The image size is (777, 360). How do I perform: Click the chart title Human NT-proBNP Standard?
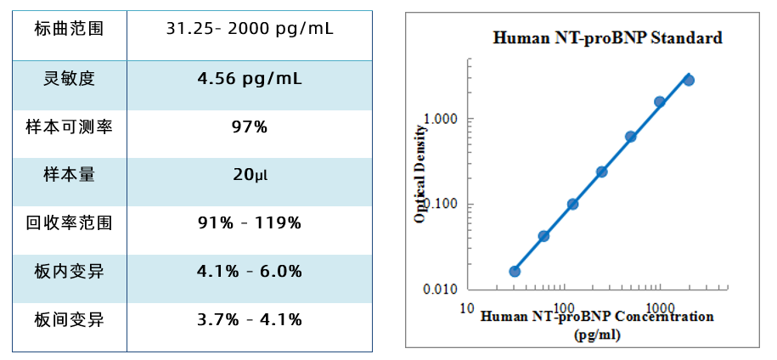(607, 38)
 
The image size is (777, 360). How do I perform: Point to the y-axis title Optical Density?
(419, 173)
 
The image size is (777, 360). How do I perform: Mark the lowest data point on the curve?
(515, 272)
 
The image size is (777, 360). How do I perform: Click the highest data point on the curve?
(689, 80)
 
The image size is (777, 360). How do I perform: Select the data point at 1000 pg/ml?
(660, 102)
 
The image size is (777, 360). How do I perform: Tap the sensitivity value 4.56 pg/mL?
(250, 79)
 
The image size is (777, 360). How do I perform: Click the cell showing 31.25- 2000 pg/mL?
(250, 30)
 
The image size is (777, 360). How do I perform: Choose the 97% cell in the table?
(250, 127)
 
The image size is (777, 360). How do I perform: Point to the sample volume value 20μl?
(250, 176)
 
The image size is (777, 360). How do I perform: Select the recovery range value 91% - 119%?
(250, 224)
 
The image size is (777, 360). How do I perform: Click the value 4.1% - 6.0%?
(250, 273)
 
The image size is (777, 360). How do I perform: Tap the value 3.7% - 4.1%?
(250, 320)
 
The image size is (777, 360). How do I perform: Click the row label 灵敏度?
(69, 79)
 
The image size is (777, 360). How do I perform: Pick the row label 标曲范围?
(69, 30)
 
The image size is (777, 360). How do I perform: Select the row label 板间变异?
(69, 320)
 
